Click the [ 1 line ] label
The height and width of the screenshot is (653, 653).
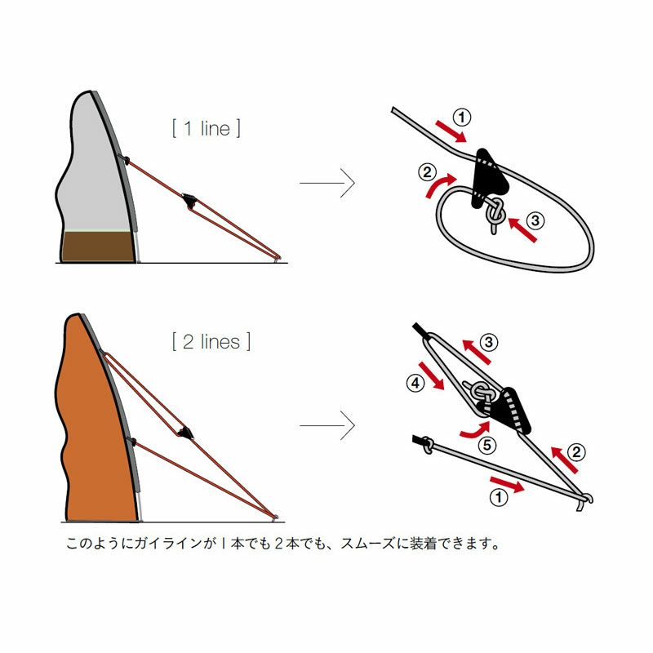[x=207, y=128]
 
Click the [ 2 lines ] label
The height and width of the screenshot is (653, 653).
[x=211, y=342]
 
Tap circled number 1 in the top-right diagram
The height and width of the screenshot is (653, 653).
[x=461, y=117]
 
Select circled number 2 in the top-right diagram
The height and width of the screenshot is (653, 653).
[x=427, y=172]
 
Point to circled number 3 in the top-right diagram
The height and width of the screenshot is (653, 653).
[x=535, y=220]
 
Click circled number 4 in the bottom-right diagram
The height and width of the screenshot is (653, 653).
[x=415, y=383]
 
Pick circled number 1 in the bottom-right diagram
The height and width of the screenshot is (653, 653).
[x=499, y=497]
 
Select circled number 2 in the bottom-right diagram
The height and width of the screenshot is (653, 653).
[x=576, y=452]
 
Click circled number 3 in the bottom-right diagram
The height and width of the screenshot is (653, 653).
[x=489, y=342]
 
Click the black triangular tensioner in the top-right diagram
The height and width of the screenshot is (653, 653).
[x=488, y=178]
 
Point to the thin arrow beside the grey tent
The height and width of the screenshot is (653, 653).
[x=327, y=183]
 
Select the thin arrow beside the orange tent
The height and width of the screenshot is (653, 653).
[x=327, y=425]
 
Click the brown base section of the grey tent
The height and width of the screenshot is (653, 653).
[x=98, y=247]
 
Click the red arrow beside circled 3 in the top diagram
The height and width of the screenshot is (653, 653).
[x=522, y=229]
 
